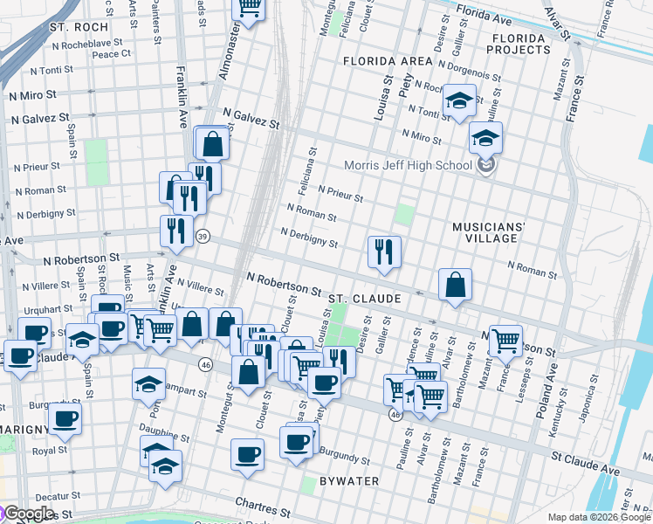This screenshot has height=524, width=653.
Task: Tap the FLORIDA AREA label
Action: [x=388, y=61]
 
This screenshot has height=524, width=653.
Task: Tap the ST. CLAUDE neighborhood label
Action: [x=365, y=299]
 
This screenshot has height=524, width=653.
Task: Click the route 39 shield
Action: [x=203, y=236]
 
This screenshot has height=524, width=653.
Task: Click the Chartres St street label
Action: [x=263, y=507]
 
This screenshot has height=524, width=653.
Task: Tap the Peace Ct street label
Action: [x=111, y=53]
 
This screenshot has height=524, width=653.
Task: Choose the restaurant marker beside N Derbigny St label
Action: [x=384, y=252]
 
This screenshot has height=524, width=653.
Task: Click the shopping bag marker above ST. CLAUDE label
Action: [x=455, y=284]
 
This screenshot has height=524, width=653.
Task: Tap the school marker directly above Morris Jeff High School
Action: [x=485, y=137]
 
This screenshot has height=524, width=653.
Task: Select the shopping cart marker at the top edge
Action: [x=249, y=9]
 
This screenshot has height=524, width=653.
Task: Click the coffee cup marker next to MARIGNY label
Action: [x=65, y=418]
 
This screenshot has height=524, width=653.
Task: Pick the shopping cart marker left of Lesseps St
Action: [x=505, y=340]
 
